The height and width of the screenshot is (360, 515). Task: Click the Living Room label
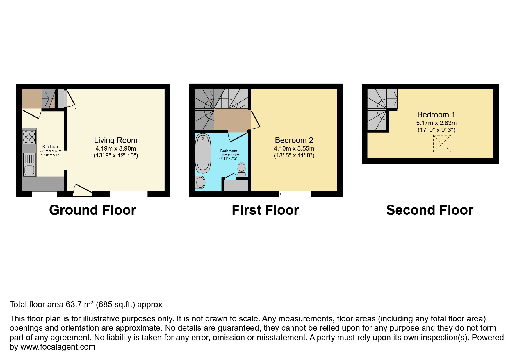pos(115,140)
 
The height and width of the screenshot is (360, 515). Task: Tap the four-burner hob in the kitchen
pos(29,137)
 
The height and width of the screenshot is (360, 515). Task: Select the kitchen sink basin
pos(29,170)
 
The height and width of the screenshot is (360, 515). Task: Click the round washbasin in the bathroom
pos(200,182)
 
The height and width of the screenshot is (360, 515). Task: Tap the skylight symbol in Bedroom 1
pos(442,144)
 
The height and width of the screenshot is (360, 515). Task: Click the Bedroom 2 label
pos(294,140)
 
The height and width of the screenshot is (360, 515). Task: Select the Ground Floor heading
pos(92,210)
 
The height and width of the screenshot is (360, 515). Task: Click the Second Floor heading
pos(430,210)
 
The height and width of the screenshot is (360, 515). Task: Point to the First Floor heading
pos(265,210)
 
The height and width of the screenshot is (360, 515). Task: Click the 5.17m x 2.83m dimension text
pos(436,123)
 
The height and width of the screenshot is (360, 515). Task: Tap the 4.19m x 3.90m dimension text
pos(116,148)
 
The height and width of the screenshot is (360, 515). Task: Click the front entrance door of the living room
pos(82,191)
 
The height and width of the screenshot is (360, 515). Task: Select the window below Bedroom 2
pos(295,194)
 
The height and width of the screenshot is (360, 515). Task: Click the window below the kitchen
pos(44,194)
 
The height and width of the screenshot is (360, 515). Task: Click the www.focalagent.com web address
pos(58,347)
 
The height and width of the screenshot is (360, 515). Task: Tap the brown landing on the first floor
pos(231,119)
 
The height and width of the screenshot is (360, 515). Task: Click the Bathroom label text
pos(229,151)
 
